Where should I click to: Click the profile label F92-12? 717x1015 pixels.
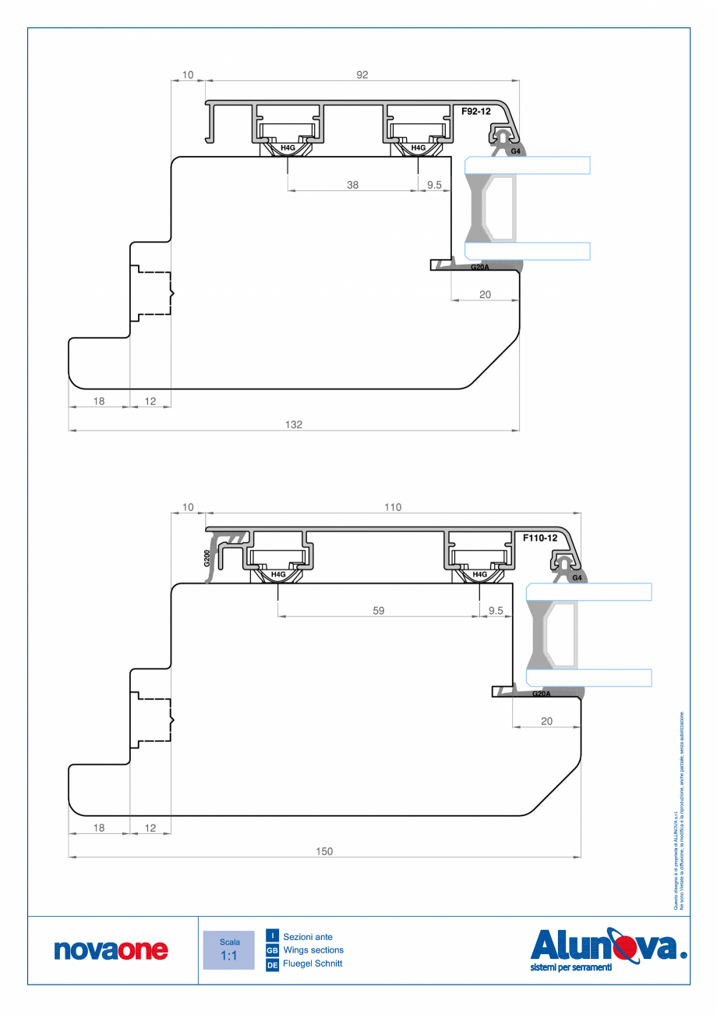(x=475, y=112)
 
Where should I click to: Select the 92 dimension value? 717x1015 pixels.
(x=362, y=75)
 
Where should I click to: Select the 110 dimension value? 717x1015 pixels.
(x=392, y=507)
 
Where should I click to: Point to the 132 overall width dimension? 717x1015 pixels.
(x=293, y=424)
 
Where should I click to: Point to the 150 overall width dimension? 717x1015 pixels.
(x=324, y=851)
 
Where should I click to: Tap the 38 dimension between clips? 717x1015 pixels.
(x=352, y=185)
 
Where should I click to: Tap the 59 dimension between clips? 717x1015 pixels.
(x=377, y=611)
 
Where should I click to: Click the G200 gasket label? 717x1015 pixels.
(x=207, y=558)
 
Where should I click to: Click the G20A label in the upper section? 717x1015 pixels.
(x=480, y=267)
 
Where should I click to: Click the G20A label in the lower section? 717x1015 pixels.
(x=542, y=694)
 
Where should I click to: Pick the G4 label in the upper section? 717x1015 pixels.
(x=515, y=151)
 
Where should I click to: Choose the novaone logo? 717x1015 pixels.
(x=111, y=949)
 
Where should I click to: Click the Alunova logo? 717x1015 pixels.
(x=608, y=949)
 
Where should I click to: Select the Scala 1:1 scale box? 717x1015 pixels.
(x=228, y=949)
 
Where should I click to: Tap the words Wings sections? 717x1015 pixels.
(x=313, y=950)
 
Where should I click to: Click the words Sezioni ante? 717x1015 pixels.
(x=308, y=935)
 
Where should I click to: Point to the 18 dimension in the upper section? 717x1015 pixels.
(x=99, y=401)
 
